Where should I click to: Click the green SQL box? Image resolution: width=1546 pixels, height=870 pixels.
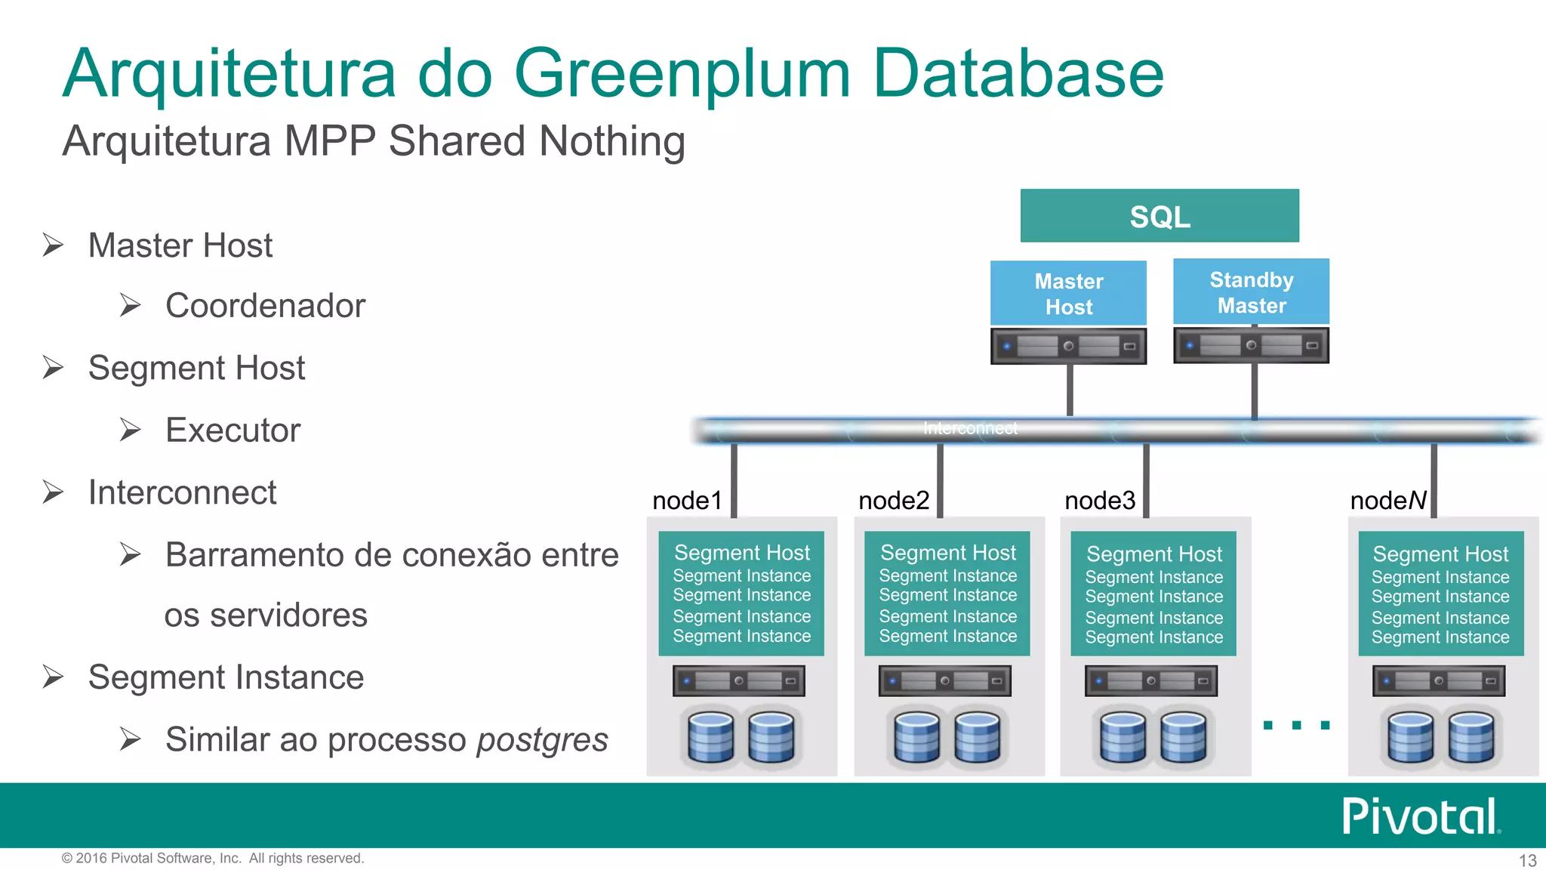pos(1159,216)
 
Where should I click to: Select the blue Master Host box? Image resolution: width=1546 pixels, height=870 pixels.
pos(1068,293)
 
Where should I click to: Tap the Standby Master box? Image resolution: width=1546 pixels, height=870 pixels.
pos(1251,292)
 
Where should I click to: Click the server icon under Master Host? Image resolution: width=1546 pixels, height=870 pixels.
pos(1068,346)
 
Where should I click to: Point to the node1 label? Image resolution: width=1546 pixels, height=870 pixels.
pos(687,500)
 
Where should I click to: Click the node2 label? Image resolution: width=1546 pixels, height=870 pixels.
pos(894,500)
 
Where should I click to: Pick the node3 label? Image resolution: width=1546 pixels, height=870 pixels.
pos(1100,500)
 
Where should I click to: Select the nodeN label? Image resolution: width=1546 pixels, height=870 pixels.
pos(1387,500)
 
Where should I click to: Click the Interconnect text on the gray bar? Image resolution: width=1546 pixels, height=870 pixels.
pos(970,428)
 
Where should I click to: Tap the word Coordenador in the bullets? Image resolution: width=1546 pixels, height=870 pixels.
pos(265,306)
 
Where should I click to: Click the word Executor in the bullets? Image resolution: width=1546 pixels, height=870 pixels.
pos(233,430)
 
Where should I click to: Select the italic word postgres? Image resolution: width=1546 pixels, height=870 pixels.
pos(542,739)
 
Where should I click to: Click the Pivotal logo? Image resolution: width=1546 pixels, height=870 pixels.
pos(1420,816)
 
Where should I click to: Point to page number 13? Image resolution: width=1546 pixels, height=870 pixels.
pos(1527,860)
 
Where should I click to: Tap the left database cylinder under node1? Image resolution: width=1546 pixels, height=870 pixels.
pos(710,736)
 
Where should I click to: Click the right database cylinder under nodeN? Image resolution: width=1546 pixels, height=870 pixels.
pos(1471,736)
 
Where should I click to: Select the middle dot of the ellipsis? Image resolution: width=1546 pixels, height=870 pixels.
pos(1296,725)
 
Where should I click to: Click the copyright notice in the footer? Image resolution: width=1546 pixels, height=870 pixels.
pos(212,858)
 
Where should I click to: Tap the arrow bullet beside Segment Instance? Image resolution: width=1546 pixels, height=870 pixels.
pos(53,677)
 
